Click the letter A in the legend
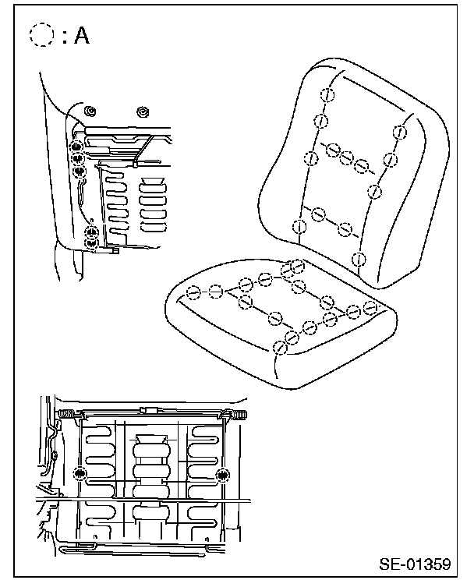81,37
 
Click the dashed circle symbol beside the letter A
41,36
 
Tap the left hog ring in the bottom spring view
79,474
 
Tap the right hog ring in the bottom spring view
225,474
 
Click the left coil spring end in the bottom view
68,414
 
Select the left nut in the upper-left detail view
90,109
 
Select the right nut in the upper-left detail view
143,109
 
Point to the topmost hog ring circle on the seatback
327,94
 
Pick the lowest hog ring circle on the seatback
359,259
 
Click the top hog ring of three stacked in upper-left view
77,146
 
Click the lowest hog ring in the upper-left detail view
92,244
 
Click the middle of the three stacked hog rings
77,158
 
